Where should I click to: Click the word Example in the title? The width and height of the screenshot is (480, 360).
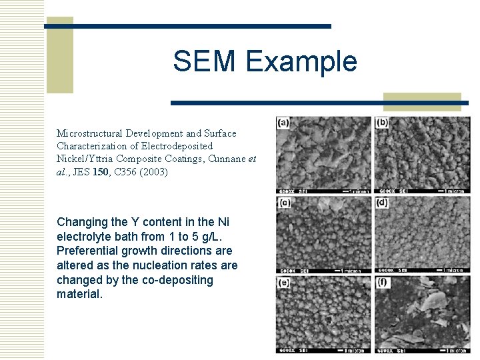[301, 62]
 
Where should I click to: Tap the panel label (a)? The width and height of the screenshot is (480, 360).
[284, 123]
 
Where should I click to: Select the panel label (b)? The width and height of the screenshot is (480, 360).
[383, 123]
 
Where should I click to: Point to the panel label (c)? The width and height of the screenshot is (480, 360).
[285, 202]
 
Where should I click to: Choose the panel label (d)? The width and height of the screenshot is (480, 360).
[382, 202]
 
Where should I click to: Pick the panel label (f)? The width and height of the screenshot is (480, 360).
[382, 282]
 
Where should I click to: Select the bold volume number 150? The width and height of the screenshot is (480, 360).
[101, 171]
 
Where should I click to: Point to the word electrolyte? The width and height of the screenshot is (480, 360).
[85, 236]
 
